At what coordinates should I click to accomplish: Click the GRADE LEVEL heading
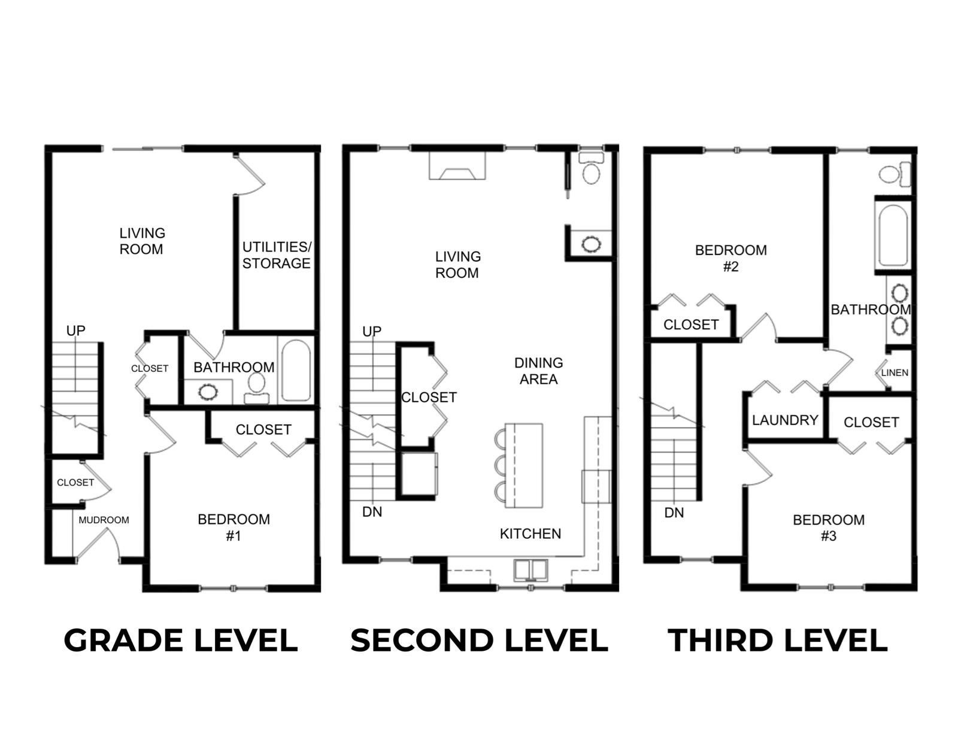[180, 640]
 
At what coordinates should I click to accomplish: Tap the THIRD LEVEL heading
[777, 640]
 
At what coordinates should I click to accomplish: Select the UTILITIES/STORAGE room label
[276, 255]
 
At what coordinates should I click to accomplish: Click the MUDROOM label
[104, 520]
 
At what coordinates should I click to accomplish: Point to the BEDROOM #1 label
[234, 527]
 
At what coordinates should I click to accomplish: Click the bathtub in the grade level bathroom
[296, 370]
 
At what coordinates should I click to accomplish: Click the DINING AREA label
[538, 371]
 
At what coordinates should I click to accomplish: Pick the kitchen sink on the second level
[530, 570]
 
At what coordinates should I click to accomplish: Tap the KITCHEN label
[530, 533]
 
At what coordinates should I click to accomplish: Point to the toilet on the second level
[592, 169]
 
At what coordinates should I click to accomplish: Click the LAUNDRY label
[784, 420]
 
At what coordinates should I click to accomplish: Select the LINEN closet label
[895, 372]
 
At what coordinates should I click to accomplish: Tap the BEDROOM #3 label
[829, 527]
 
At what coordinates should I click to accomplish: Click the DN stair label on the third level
[674, 512]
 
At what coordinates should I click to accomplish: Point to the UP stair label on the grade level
[75, 330]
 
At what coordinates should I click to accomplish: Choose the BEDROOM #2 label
[730, 258]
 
